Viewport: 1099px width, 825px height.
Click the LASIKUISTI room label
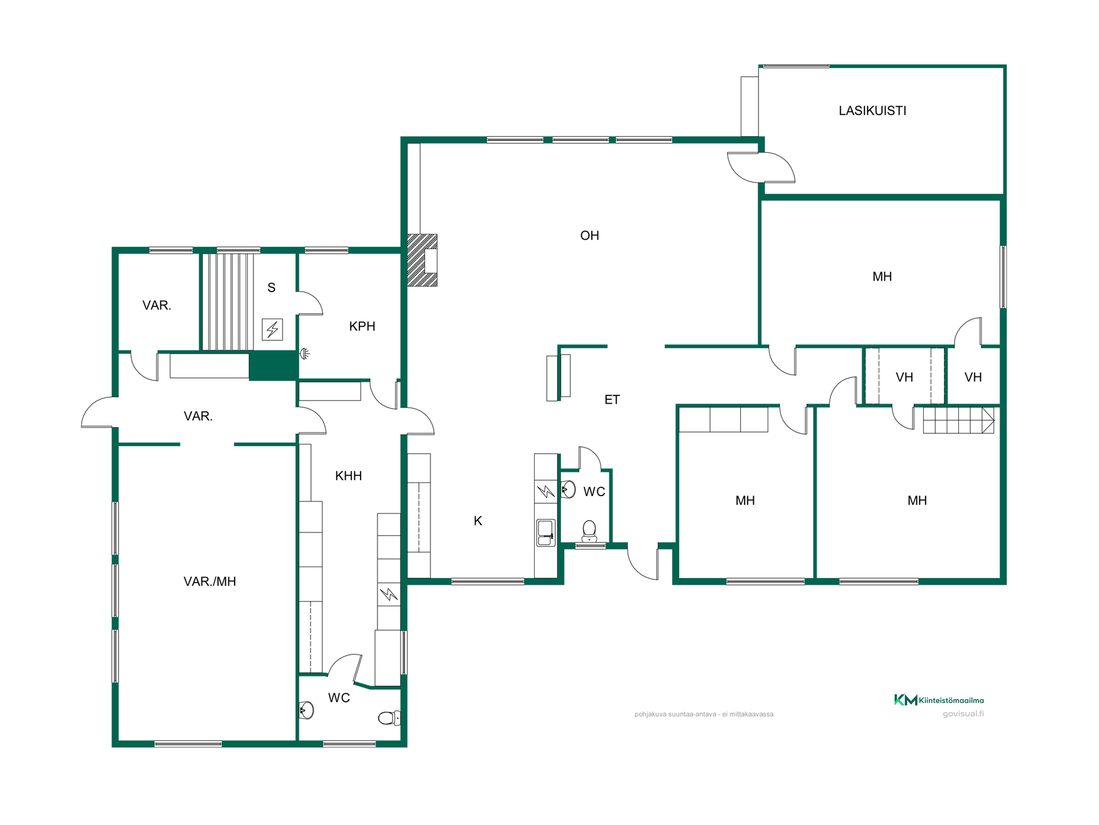pyautogui.click(x=872, y=111)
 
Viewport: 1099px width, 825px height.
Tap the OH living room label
pyautogui.click(x=590, y=235)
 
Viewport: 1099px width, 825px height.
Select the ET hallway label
pyautogui.click(x=612, y=400)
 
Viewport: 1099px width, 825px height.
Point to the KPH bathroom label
pyautogui.click(x=362, y=327)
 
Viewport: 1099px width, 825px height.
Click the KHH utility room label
pyautogui.click(x=349, y=476)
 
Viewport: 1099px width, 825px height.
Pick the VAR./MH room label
pyautogui.click(x=209, y=582)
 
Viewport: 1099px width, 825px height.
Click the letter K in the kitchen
pyautogui.click(x=478, y=521)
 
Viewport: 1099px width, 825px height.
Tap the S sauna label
pyautogui.click(x=271, y=288)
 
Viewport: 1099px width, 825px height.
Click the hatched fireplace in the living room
pyautogui.click(x=422, y=260)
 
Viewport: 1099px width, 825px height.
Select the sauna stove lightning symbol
pyautogui.click(x=272, y=329)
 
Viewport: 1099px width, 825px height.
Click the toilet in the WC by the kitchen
pyautogui.click(x=589, y=531)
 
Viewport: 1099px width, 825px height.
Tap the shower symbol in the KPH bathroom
pyautogui.click(x=305, y=353)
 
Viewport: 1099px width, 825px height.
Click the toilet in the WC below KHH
pyautogui.click(x=389, y=718)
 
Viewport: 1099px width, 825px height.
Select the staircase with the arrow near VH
pyautogui.click(x=959, y=420)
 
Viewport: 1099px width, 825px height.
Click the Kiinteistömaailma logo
pyautogui.click(x=939, y=700)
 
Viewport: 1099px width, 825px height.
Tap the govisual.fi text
pyautogui.click(x=963, y=714)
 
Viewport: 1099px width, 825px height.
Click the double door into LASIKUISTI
pyautogui.click(x=761, y=167)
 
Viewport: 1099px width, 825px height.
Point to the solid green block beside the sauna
pyautogui.click(x=273, y=366)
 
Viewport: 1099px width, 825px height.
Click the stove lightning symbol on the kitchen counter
pyautogui.click(x=545, y=492)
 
